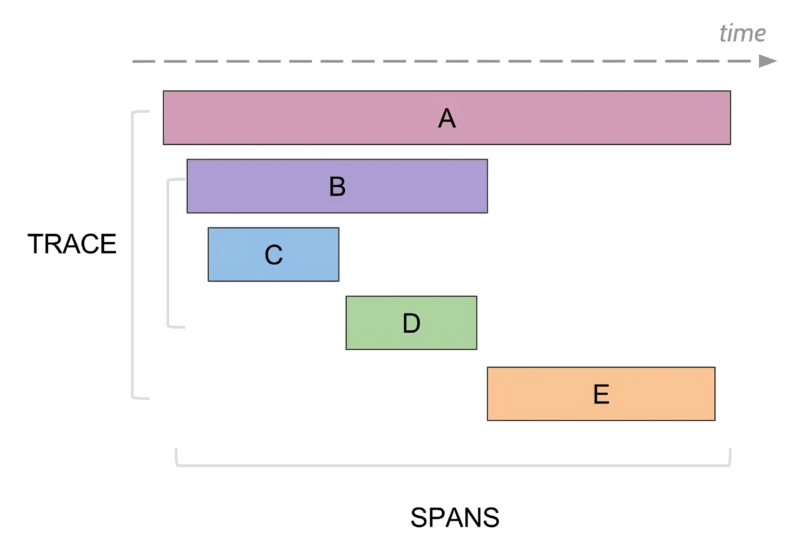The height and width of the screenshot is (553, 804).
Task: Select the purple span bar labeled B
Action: click(x=416, y=186)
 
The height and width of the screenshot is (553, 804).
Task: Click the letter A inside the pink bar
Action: click(x=447, y=118)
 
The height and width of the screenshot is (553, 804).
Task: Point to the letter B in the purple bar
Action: click(x=337, y=186)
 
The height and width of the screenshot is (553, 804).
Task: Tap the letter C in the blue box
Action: click(x=273, y=255)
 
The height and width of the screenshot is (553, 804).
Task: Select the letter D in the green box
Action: click(x=411, y=323)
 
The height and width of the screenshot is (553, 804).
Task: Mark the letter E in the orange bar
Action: click(x=601, y=394)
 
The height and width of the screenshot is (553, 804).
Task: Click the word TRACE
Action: click(x=72, y=244)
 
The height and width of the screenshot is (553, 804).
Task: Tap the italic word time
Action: click(x=742, y=34)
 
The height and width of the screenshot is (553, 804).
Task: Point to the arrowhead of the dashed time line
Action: click(x=767, y=61)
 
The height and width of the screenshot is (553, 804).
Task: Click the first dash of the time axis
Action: click(x=144, y=61)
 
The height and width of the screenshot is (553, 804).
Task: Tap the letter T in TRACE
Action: click(x=35, y=244)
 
